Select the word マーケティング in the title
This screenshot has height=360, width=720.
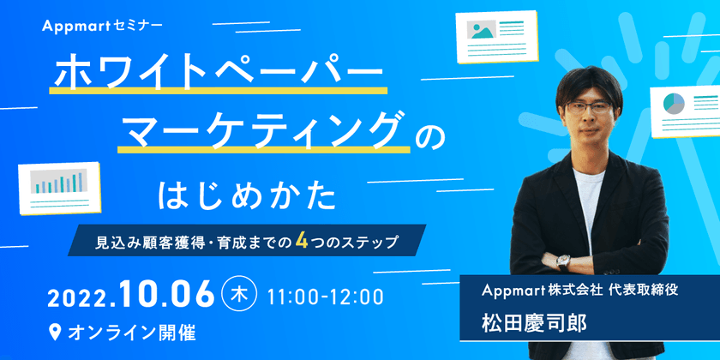pyautogui.click(x=261, y=130)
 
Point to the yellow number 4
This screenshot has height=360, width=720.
pyautogui.click(x=302, y=241)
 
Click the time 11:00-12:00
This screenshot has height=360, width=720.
pyautogui.click(x=325, y=297)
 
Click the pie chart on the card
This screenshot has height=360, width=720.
pyautogui.click(x=675, y=105)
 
